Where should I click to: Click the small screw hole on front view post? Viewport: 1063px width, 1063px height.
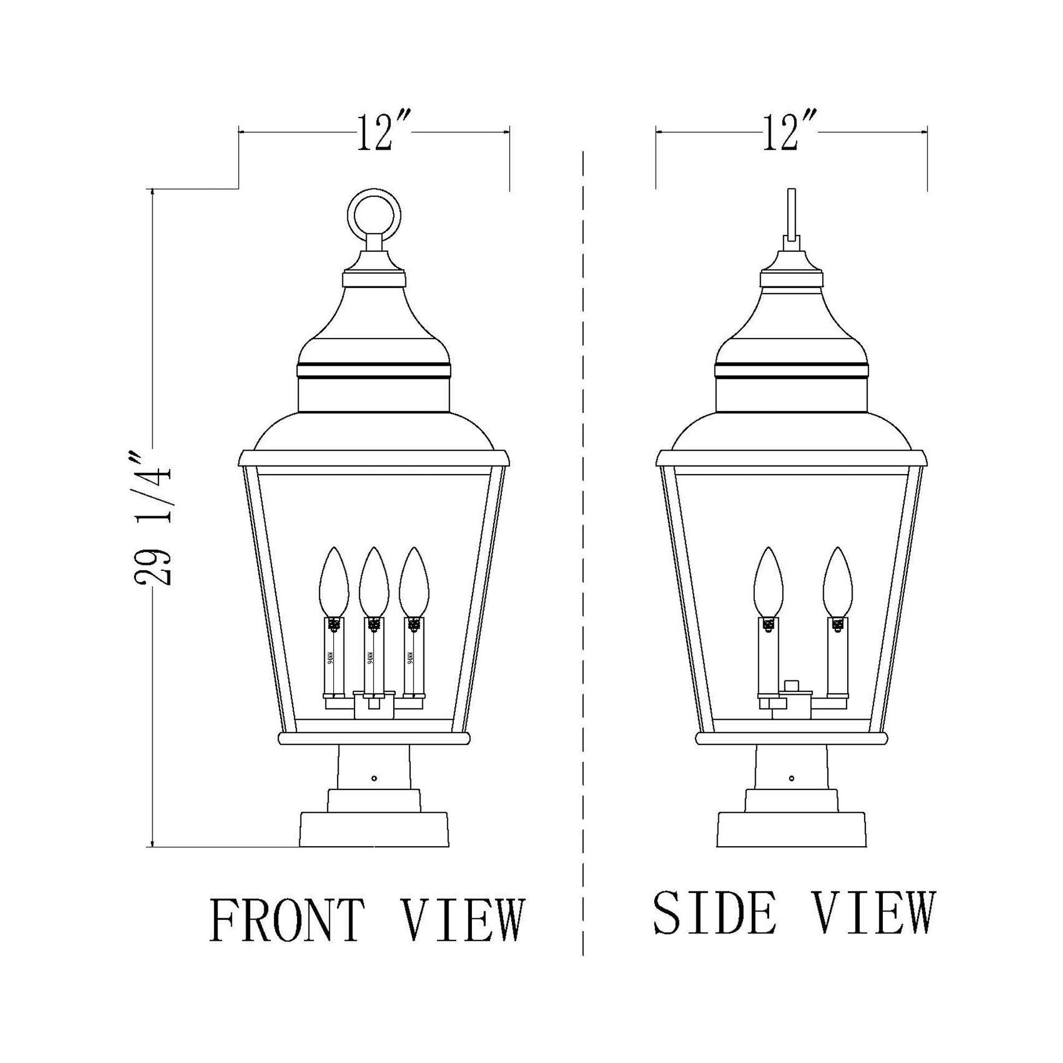[x=374, y=778]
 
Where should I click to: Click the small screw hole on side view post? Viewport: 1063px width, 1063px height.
[x=791, y=778]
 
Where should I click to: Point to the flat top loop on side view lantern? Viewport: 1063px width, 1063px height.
[x=792, y=215]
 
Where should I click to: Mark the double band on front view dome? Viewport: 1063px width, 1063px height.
[x=374, y=370]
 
